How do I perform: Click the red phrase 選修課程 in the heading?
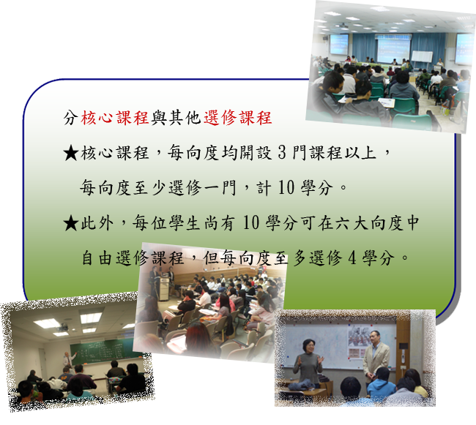click(x=237, y=118)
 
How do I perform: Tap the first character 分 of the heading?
click(x=70, y=118)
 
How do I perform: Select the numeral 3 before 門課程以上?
click(x=282, y=152)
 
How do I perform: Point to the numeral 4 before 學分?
click(x=352, y=258)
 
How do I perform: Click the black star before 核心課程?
click(x=71, y=153)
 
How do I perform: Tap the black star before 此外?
click(x=71, y=223)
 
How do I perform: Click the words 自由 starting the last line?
click(x=97, y=258)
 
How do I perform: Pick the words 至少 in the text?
click(x=148, y=188)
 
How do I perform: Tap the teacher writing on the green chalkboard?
click(x=67, y=360)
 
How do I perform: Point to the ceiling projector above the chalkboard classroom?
click(x=62, y=328)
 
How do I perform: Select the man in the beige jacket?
click(x=376, y=355)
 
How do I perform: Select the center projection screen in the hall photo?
click(x=393, y=48)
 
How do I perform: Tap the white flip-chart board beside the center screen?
click(x=422, y=57)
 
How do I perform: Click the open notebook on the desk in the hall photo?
click(x=386, y=102)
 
